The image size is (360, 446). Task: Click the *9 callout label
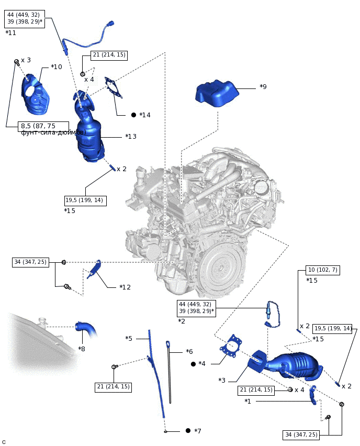[263, 87]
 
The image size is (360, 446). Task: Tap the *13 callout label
[130, 137]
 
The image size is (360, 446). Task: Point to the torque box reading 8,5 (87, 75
[44, 126]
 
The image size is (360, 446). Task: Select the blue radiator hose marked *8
[86, 331]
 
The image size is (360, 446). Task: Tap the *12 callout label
[125, 287]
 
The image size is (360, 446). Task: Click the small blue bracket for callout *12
[95, 269]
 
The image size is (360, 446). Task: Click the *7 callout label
[197, 431]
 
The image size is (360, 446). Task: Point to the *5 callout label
[129, 338]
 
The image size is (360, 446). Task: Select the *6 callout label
[189, 352]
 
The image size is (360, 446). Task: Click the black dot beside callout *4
[193, 364]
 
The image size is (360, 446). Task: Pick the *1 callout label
[248, 402]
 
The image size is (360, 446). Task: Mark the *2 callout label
[182, 321]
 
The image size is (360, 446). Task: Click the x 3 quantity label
[26, 60]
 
